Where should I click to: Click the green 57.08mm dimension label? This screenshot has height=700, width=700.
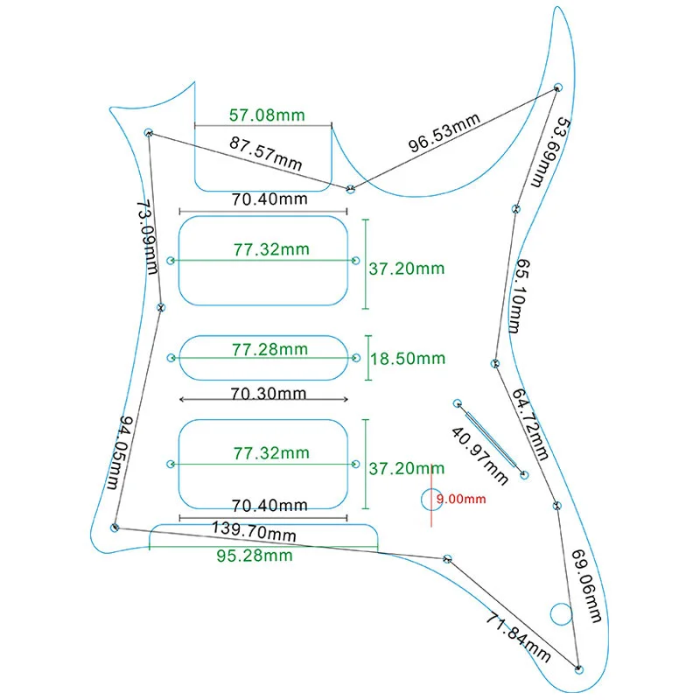click(266, 115)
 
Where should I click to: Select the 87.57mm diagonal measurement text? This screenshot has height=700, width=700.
click(266, 153)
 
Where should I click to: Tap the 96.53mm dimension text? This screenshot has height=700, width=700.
click(445, 132)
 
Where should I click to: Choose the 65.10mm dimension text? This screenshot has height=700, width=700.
click(520, 295)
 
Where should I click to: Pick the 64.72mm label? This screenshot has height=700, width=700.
click(530, 424)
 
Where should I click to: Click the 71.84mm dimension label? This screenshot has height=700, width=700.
click(518, 637)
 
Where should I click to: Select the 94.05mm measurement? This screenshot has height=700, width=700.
click(119, 453)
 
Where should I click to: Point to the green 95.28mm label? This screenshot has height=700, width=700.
click(255, 556)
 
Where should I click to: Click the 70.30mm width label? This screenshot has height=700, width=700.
click(269, 393)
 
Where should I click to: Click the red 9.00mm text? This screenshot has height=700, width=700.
click(460, 500)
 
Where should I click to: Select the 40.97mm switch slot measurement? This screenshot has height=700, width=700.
click(479, 455)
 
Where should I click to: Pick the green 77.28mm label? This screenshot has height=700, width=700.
click(269, 349)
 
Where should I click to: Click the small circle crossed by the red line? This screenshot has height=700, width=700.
click(431, 500)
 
